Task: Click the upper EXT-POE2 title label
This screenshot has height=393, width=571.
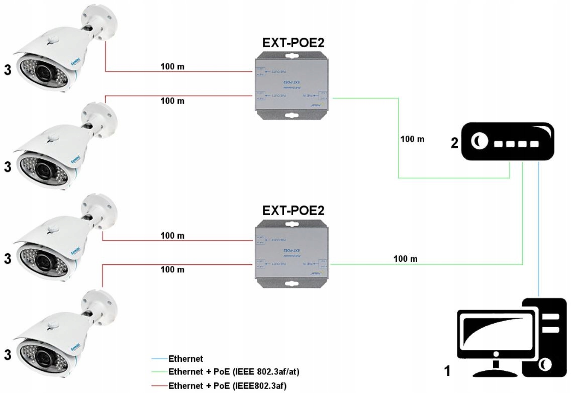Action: [293, 42]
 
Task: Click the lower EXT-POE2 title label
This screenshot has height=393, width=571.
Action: [293, 211]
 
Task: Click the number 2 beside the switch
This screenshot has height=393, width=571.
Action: [454, 143]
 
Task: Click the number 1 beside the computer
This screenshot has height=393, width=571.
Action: [447, 372]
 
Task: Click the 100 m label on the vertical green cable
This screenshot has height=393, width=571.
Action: [412, 139]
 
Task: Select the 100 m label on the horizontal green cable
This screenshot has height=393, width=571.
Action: [406, 259]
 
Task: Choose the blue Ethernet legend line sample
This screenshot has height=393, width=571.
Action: [159, 359]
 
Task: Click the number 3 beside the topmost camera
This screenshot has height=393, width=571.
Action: [8, 70]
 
